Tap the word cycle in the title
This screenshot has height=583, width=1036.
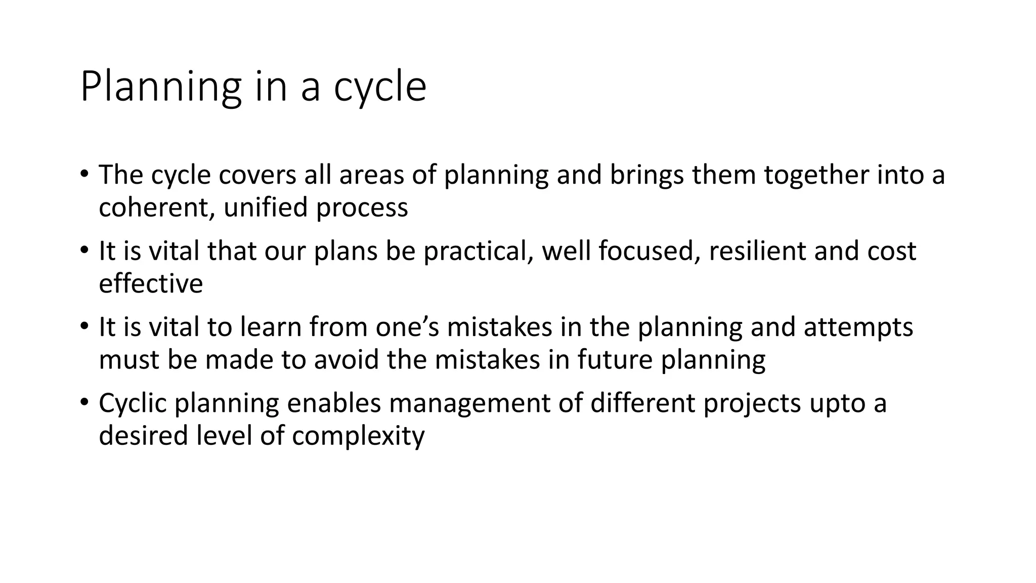(x=380, y=87)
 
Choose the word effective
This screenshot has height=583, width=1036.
(x=151, y=283)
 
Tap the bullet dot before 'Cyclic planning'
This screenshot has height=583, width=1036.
(x=84, y=402)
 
